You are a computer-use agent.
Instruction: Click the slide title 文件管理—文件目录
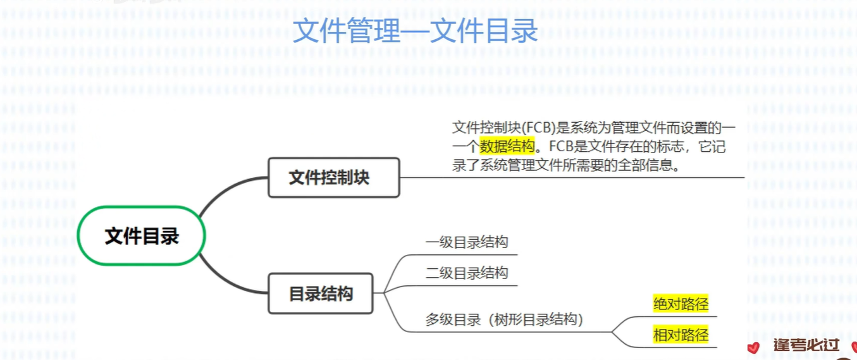(x=415, y=30)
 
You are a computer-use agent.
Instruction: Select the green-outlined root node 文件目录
(x=142, y=236)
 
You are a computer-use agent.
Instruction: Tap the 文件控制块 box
(x=334, y=178)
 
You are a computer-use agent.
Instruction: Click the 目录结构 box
(x=321, y=294)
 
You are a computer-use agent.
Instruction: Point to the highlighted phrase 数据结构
(x=507, y=147)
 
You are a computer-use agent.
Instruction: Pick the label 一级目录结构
(x=467, y=242)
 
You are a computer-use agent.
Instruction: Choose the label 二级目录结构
(x=467, y=273)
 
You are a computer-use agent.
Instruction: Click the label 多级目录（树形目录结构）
(x=504, y=320)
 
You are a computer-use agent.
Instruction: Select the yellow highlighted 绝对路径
(x=681, y=304)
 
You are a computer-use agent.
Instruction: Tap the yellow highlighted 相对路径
(x=681, y=335)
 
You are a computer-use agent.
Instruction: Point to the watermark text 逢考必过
(x=806, y=345)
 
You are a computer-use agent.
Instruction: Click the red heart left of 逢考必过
(x=753, y=347)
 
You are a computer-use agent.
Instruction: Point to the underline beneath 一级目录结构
(x=468, y=254)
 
